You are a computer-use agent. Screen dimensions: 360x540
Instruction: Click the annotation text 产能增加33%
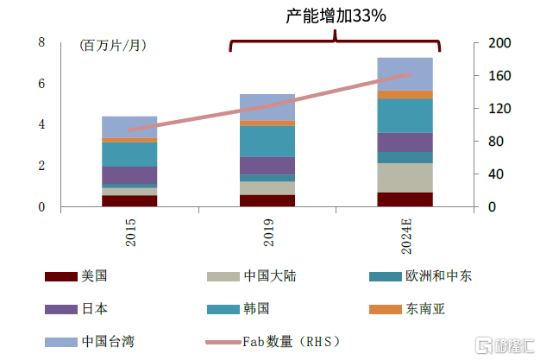(335, 16)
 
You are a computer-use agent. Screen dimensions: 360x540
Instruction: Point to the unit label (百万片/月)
(112, 45)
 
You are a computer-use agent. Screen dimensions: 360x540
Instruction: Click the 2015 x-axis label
(130, 233)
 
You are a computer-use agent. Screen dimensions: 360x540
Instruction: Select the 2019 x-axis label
(267, 233)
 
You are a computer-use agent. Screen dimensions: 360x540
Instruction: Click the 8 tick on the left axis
(41, 42)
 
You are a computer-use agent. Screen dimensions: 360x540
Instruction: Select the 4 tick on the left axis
(41, 124)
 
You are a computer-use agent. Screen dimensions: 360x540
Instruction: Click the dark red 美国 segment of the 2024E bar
(405, 199)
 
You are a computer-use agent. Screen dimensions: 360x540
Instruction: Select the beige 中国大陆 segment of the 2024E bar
(405, 178)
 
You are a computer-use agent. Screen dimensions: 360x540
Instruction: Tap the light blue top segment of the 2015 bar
(129, 127)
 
